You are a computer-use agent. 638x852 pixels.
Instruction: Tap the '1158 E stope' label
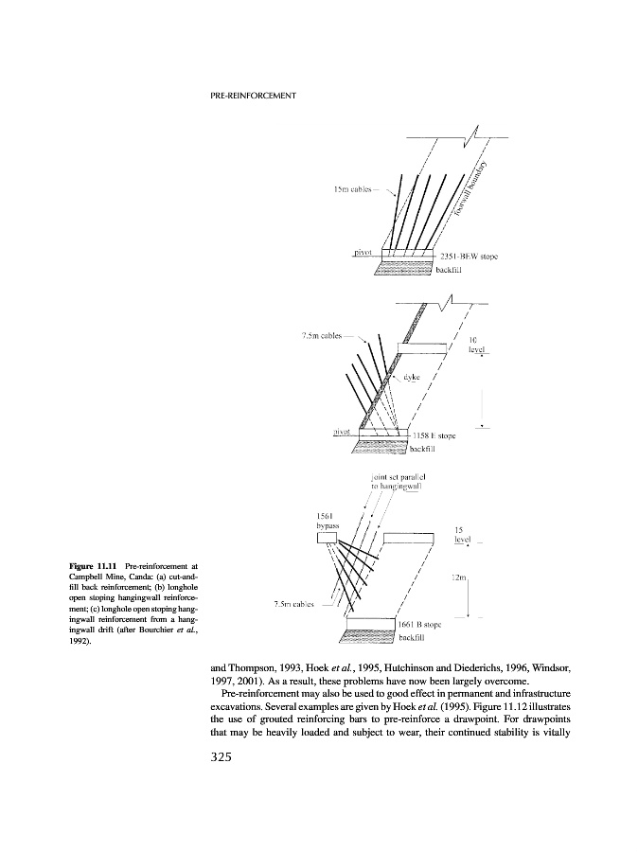434,436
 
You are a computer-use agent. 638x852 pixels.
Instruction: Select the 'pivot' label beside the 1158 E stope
343,432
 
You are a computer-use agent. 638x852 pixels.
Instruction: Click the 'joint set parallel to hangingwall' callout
398,482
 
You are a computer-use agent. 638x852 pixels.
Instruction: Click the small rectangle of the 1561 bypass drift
328,539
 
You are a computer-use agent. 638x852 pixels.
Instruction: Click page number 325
224,757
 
